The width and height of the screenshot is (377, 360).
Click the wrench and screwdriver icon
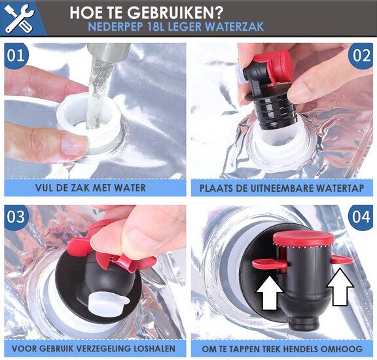click(x=19, y=18)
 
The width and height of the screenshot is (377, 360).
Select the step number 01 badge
click(x=16, y=56)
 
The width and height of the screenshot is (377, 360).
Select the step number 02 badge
click(x=361, y=56)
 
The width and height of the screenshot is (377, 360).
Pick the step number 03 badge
click(x=16, y=217)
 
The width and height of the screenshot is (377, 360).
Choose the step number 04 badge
click(x=361, y=217)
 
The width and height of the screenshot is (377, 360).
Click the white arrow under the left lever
click(x=269, y=293)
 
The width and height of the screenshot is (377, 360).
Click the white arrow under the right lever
click(x=340, y=287)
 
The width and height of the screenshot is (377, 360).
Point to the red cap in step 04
click(x=304, y=238)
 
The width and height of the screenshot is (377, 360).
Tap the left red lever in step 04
click(x=270, y=264)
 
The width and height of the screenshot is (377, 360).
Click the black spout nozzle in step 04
click(x=304, y=322)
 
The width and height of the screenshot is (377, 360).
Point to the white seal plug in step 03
click(x=106, y=302)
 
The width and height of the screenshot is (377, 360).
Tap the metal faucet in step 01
click(x=109, y=52)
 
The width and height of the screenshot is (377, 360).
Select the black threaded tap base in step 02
click(x=275, y=114)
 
